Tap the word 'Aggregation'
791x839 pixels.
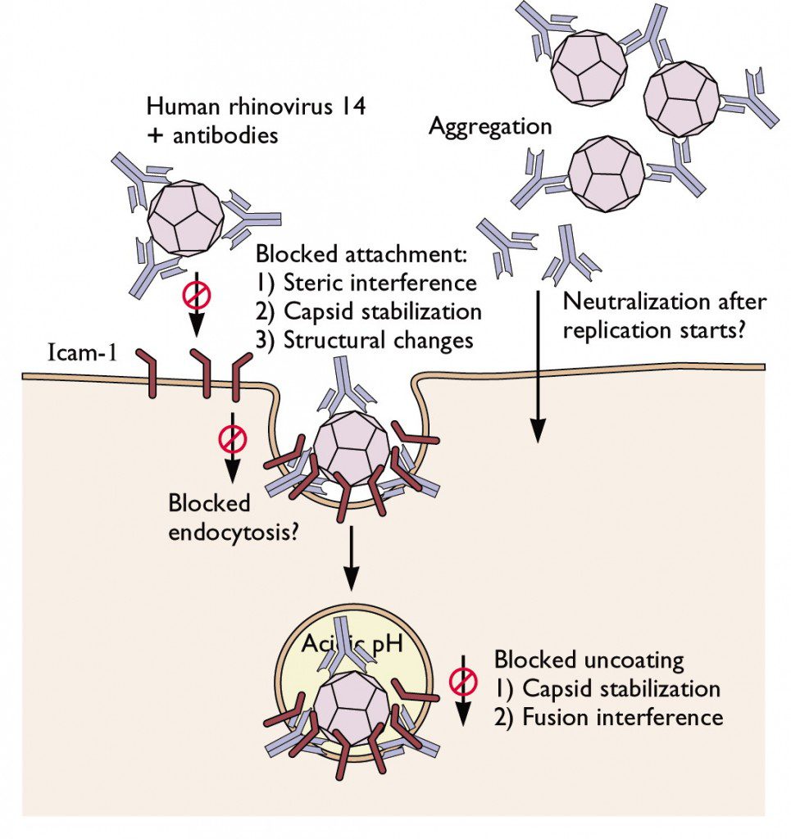click(490, 127)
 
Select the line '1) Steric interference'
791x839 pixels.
click(366, 283)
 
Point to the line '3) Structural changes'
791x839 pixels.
click(365, 340)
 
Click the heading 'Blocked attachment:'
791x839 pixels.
click(361, 254)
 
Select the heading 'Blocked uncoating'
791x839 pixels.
click(589, 660)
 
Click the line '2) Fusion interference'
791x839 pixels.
click(608, 717)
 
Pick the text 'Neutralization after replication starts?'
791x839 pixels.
click(664, 316)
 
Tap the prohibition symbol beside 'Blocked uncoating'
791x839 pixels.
click(463, 681)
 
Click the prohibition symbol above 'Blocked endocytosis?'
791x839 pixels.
click(232, 440)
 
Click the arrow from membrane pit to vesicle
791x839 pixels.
click(351, 558)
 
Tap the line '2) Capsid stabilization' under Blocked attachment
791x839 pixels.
click(368, 311)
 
